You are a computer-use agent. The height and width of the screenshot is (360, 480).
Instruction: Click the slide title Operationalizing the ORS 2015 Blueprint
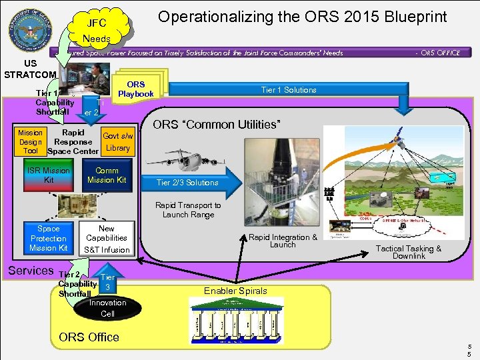[302, 16]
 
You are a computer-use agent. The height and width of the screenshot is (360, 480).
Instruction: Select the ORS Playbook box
[135, 89]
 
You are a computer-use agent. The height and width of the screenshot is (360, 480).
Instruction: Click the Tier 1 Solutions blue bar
[289, 90]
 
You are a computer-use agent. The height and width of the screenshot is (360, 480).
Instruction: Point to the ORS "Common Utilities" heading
[217, 124]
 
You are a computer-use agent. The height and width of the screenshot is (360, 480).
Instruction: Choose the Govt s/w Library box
[117, 142]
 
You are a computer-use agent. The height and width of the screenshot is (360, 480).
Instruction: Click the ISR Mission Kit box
[49, 175]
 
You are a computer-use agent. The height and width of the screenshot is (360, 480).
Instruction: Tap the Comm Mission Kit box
[107, 175]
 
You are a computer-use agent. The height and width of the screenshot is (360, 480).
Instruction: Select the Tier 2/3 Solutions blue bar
[187, 183]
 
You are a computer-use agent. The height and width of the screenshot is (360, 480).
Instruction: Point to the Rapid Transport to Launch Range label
[188, 210]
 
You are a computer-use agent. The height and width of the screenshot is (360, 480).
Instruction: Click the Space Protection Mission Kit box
[49, 238]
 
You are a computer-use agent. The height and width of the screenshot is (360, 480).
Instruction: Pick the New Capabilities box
[107, 233]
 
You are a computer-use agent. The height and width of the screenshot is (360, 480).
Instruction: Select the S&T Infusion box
[107, 250]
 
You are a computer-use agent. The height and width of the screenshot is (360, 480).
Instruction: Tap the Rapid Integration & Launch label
[283, 241]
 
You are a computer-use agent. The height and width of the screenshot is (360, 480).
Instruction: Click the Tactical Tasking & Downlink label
[409, 252]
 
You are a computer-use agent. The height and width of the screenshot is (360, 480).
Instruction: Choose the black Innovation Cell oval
[107, 308]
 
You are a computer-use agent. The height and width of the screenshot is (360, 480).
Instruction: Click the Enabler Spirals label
[235, 291]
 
